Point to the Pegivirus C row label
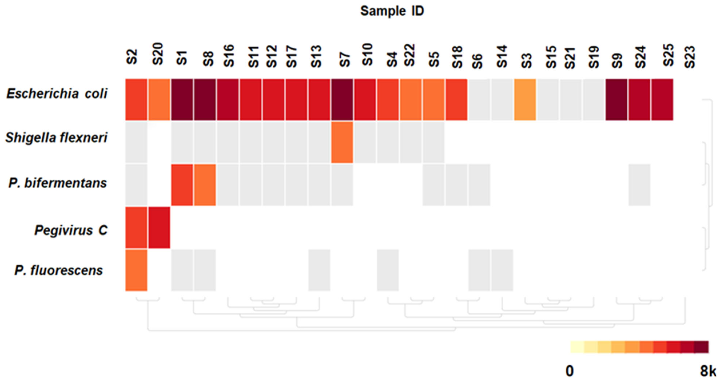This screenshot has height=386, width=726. [x=71, y=230]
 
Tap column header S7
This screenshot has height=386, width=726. [x=344, y=59]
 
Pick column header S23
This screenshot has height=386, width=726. [x=690, y=57]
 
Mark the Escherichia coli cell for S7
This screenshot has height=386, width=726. [x=342, y=100]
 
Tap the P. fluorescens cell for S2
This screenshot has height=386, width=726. [x=136, y=270]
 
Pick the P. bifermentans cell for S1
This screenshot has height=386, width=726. [x=182, y=185]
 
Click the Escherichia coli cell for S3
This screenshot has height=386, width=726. [x=525, y=100]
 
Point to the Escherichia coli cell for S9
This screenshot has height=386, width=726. [x=616, y=100]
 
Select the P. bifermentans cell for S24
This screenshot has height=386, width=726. [x=639, y=185]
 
